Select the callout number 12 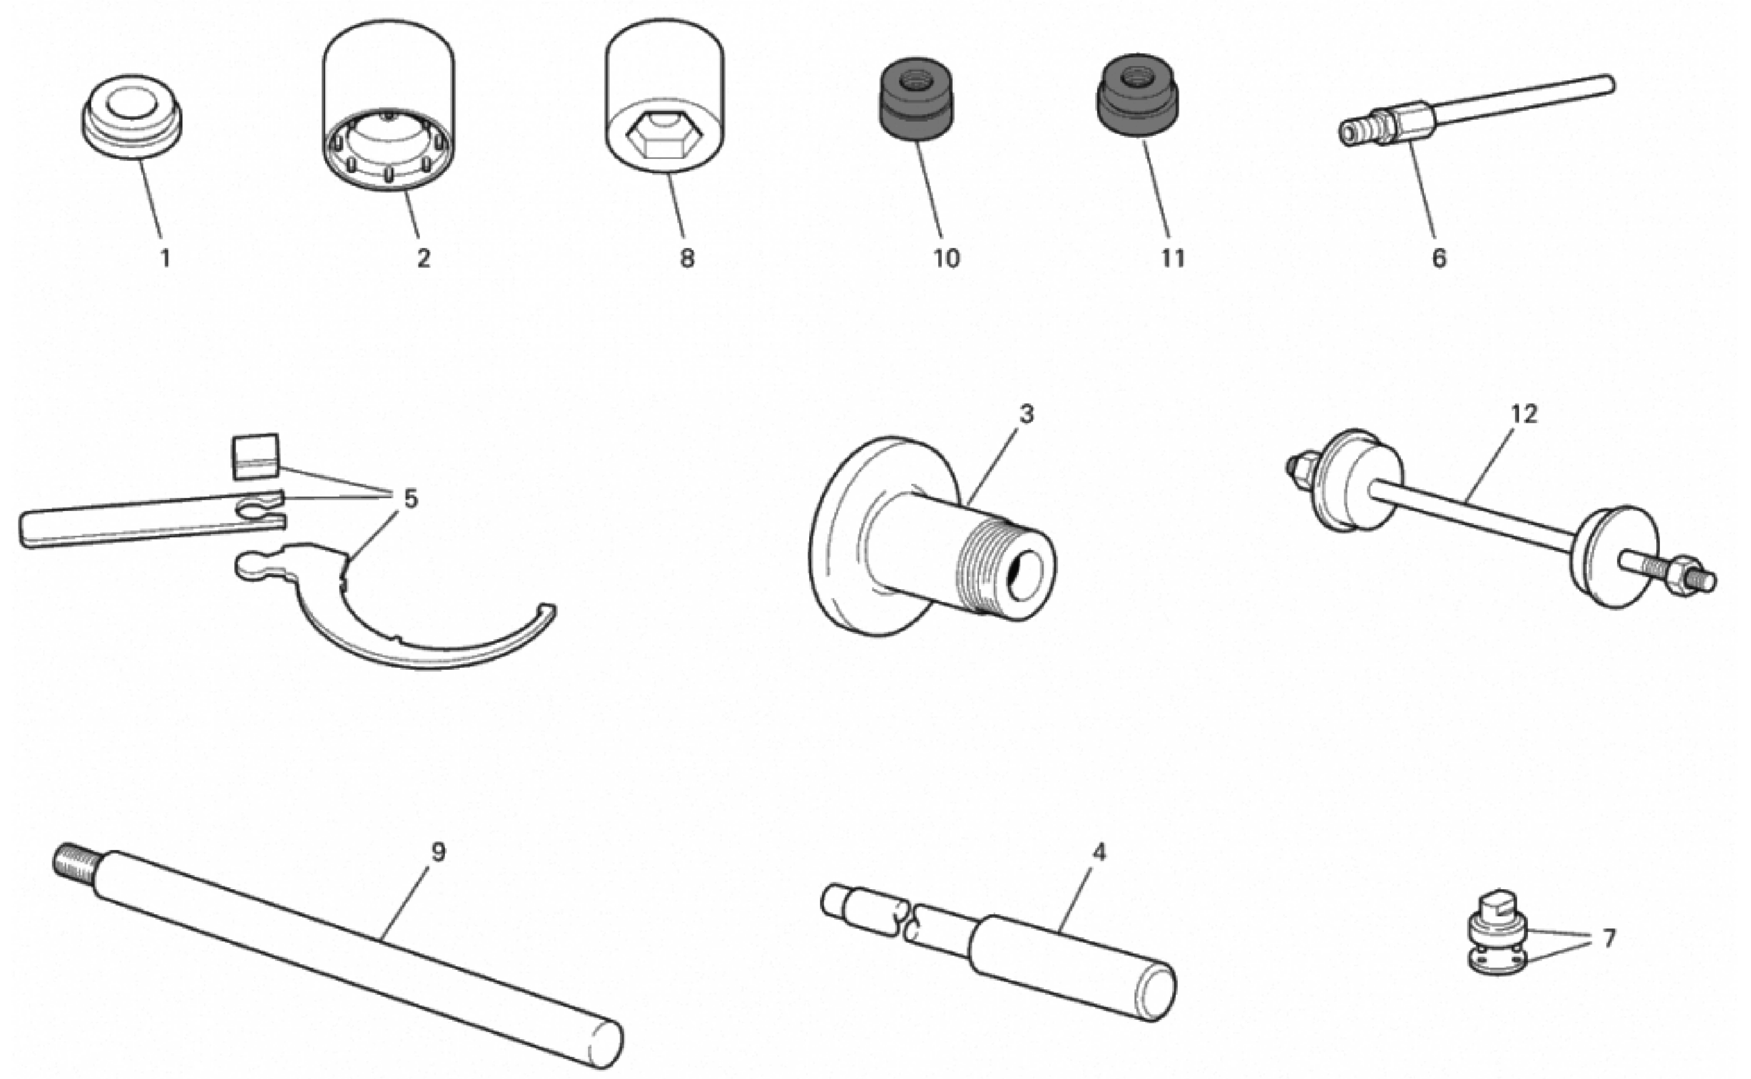coord(1523,414)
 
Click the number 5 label coord(410,499)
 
